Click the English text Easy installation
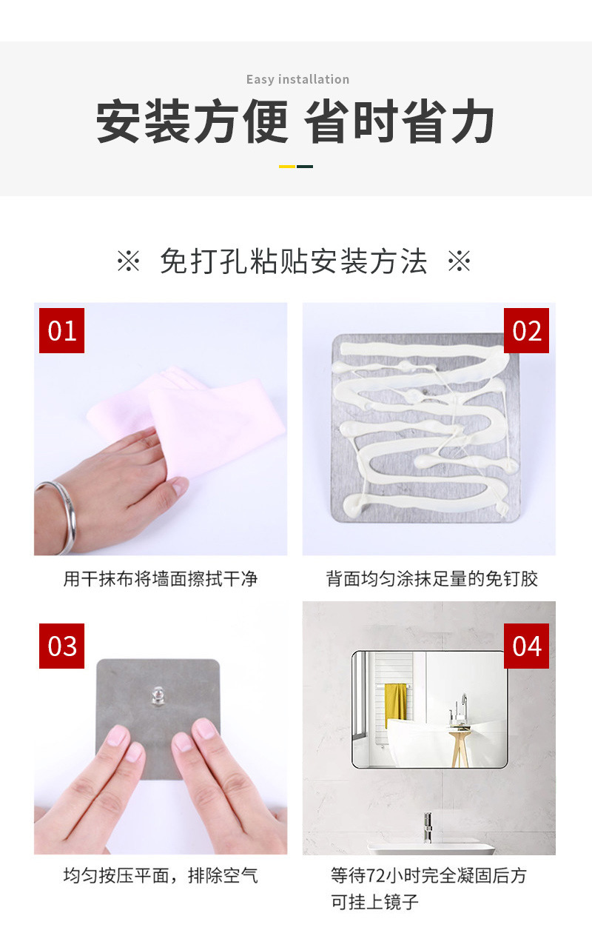point(297,79)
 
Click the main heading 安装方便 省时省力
point(296,123)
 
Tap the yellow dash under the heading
point(287,167)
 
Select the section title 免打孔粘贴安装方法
point(294,262)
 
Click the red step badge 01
point(62,331)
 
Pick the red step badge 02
point(526,331)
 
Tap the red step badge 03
point(62,646)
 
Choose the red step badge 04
point(526,646)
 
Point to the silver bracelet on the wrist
point(63,515)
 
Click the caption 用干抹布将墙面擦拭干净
point(161,578)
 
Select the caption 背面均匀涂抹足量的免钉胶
point(431,578)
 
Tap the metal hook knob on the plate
point(158,695)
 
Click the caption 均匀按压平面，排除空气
point(161,876)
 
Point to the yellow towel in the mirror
point(396,703)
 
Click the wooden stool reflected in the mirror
point(460,744)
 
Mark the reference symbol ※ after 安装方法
point(460,262)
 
